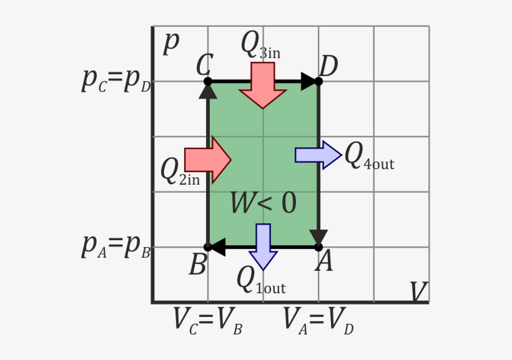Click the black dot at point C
pyautogui.click(x=208, y=81)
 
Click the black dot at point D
pyautogui.click(x=318, y=81)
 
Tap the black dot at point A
pyautogui.click(x=318, y=247)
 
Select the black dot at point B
pyautogui.click(x=208, y=247)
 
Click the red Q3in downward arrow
pyautogui.click(x=263, y=85)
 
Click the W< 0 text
pyautogui.click(x=263, y=203)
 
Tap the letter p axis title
pyautogui.click(x=170, y=42)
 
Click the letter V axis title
pyautogui.click(x=418, y=291)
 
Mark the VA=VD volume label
pyautogui.click(x=318, y=321)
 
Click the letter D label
pyautogui.click(x=328, y=66)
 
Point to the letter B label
pyautogui.click(x=197, y=265)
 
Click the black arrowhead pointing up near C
pyautogui.click(x=208, y=90)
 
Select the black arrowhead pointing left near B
pyautogui.click(x=217, y=247)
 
